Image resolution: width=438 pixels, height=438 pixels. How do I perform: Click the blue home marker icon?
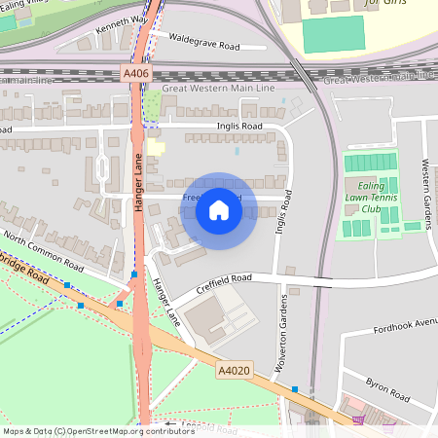click(x=219, y=210)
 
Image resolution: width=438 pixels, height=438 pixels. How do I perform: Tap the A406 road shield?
click(x=136, y=73)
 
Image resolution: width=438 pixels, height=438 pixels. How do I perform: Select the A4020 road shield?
click(x=233, y=371)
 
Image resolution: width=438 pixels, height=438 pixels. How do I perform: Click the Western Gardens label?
click(x=425, y=191)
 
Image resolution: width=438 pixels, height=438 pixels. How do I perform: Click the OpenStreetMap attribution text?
click(x=98, y=431)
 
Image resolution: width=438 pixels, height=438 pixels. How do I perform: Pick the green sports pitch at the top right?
click(x=330, y=34)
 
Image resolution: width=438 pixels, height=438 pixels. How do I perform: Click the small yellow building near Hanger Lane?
click(x=157, y=147)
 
